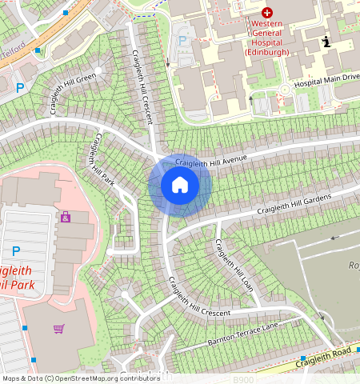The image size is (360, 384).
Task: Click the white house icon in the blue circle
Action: (180, 186)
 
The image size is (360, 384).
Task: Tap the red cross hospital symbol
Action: (267, 14)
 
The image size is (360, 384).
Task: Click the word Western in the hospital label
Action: (267, 26)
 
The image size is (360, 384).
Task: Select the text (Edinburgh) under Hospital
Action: (267, 51)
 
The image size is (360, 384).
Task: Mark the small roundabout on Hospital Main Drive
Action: (284, 90)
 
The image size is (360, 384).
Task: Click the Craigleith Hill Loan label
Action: (232, 264)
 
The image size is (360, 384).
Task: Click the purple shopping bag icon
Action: (65, 217)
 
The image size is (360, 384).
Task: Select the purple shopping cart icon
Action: (58, 328)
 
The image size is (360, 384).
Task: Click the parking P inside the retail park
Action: (16, 250)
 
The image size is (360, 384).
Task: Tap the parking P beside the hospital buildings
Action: (182, 40)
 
